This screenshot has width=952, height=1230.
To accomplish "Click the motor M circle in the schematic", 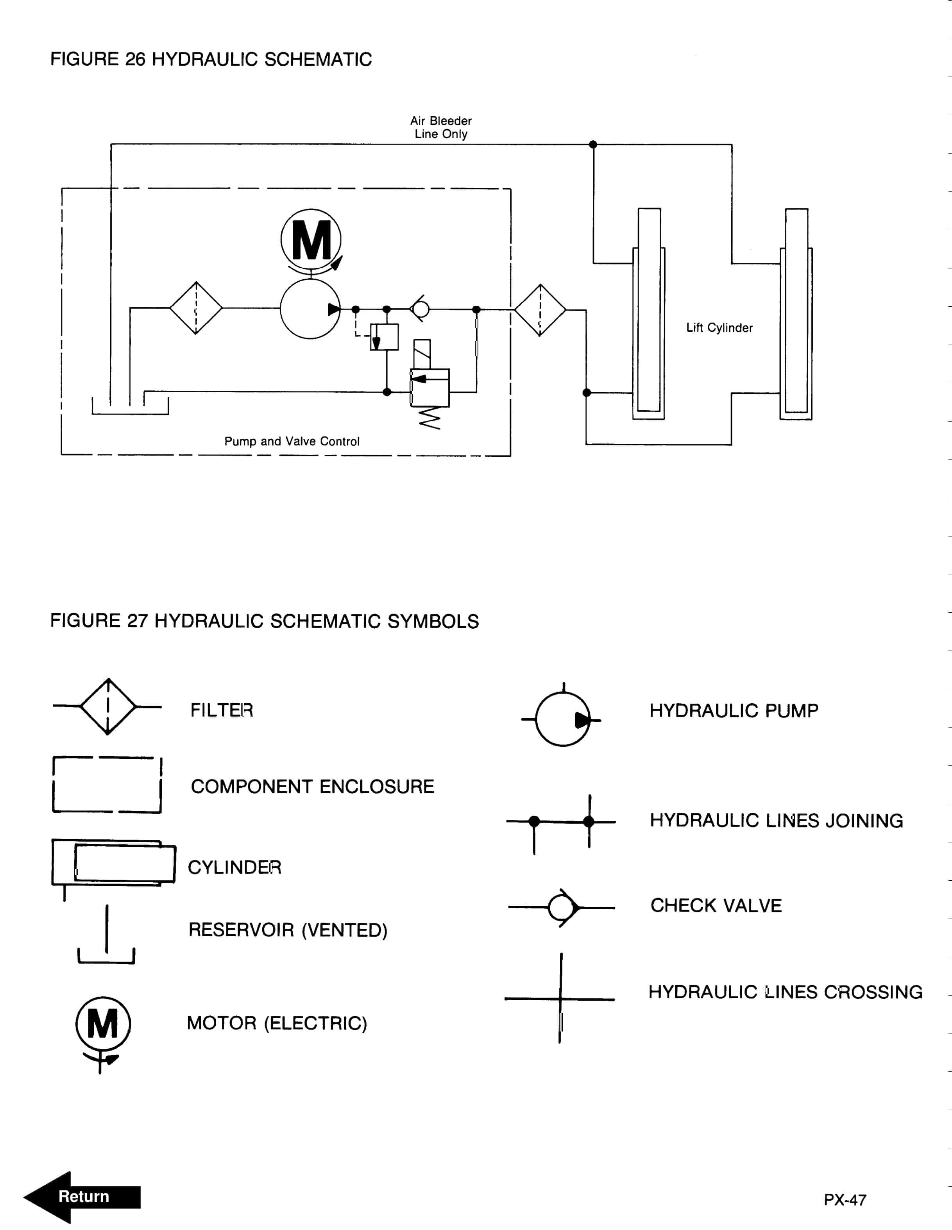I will (311, 240).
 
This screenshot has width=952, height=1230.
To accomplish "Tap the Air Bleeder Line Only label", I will (440, 127).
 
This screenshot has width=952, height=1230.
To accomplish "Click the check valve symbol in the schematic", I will (420, 309).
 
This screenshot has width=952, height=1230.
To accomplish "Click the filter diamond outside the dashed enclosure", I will (540, 310).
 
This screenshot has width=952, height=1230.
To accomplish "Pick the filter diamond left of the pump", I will (196, 308).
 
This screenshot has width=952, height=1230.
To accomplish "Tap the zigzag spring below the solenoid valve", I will (429, 418).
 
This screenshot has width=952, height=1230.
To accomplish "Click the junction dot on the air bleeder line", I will (592, 145).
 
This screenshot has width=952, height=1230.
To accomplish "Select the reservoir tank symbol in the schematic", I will (130, 407).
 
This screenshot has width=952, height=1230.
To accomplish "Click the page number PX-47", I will (845, 1200).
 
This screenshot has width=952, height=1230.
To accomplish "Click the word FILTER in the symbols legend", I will (221, 710).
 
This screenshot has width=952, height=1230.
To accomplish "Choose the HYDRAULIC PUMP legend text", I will (734, 711).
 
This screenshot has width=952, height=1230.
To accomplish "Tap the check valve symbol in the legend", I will (562, 907).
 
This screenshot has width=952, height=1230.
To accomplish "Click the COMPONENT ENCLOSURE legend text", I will (312, 787).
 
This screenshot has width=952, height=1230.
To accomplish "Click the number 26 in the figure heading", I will (135, 59).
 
